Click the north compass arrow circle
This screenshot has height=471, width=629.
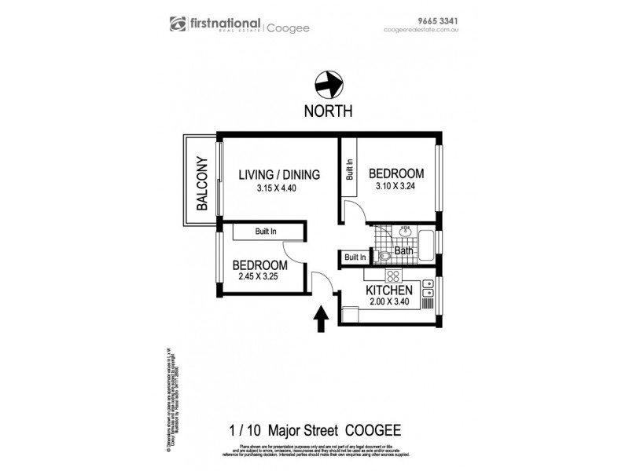point(328,82)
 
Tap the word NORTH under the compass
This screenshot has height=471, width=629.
point(328,111)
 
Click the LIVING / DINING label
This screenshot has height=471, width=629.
point(279,175)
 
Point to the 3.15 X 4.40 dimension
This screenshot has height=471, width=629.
point(279,188)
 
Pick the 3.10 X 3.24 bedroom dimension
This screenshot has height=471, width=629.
point(396,187)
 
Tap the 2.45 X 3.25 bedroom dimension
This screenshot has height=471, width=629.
point(258,277)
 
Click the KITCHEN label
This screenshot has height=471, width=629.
point(390,290)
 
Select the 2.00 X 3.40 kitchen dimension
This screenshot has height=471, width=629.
point(390,303)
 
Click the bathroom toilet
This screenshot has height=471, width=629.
point(383,256)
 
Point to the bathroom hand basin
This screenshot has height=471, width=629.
point(406,231)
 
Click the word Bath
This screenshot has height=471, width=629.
point(403,252)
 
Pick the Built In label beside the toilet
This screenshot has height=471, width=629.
point(355,257)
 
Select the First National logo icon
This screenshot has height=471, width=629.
point(177,25)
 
